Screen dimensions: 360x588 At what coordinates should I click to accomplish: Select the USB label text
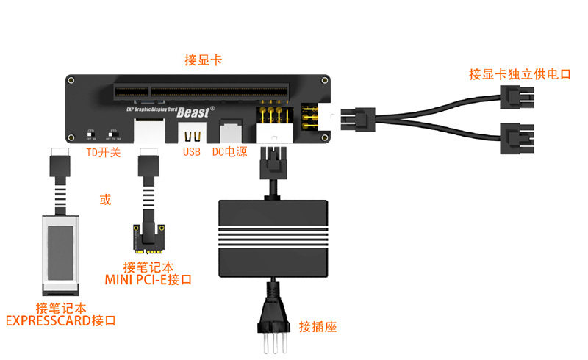tap(192, 152)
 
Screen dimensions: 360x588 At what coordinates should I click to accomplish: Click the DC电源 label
tap(229, 152)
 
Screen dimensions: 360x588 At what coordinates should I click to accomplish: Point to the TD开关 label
tap(104, 152)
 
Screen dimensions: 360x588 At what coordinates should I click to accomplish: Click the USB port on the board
tap(192, 134)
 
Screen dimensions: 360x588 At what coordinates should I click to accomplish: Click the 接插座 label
tap(318, 326)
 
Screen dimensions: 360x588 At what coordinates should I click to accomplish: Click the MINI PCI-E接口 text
tap(148, 279)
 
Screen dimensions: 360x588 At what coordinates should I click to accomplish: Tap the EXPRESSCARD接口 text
tap(60, 321)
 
